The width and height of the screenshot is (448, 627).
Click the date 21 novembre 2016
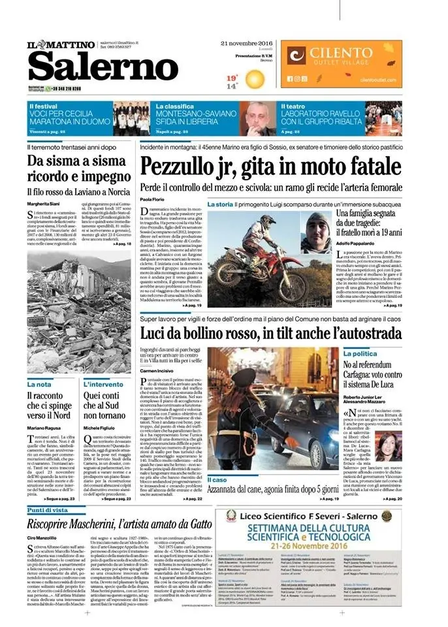point(242,43)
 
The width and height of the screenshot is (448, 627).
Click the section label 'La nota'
point(39,384)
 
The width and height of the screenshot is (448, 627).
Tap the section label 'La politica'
point(361,353)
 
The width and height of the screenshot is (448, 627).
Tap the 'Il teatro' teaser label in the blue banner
point(292,105)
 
